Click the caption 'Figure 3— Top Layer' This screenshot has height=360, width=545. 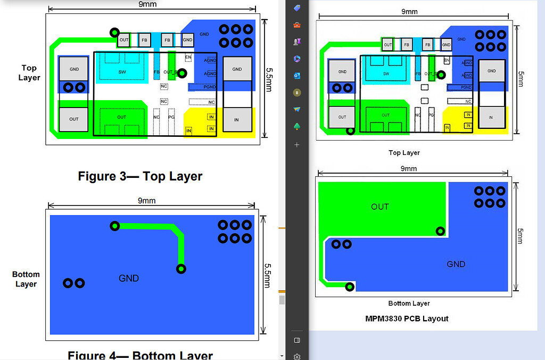point(140,176)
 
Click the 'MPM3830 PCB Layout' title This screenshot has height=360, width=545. point(407,318)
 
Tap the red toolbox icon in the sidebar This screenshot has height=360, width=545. point(297,24)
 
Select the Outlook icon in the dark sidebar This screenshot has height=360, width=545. point(297,76)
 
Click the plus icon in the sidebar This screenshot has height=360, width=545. point(297,144)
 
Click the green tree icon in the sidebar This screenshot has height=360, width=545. point(297,127)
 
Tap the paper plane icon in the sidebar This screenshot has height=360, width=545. point(297,110)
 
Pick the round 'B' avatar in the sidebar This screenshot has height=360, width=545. point(297,93)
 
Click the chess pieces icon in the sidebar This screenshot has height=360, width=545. point(297,42)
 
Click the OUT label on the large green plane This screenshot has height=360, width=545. point(380,207)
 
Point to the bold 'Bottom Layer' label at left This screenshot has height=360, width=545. point(26,279)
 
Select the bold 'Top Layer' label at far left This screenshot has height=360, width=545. point(29,73)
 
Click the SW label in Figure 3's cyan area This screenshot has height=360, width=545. point(122,72)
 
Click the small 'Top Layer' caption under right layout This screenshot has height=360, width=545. point(404,153)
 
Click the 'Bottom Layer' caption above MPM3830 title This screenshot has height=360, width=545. point(409,304)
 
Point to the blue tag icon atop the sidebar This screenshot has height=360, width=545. point(297,7)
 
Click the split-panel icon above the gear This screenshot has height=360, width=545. point(297,340)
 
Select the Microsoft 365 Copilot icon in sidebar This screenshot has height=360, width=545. point(297,59)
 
